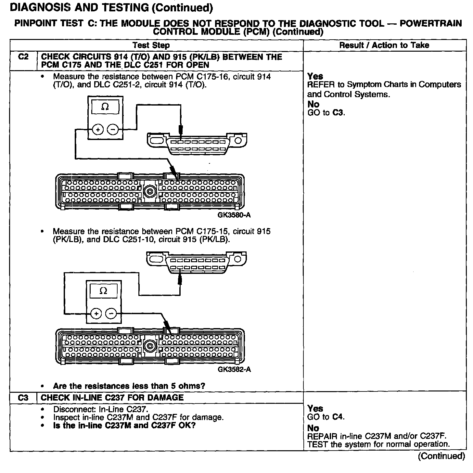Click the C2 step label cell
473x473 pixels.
[23, 57]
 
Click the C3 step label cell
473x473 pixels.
[23, 398]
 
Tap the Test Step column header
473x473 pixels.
[151, 45]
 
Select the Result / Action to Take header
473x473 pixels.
[384, 45]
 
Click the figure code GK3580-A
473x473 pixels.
[234, 215]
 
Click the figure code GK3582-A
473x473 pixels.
[234, 369]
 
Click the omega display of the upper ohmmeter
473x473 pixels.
[105, 107]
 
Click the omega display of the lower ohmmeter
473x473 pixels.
[103, 291]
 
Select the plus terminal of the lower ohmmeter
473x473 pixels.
[96, 313]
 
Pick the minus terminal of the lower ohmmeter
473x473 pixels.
[111, 313]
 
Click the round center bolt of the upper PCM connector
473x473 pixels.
[150, 191]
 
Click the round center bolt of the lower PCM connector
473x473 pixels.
[150, 345]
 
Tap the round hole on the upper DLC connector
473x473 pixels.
[238, 141]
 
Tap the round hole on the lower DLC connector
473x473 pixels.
[238, 259]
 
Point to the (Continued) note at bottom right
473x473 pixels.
[441, 456]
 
